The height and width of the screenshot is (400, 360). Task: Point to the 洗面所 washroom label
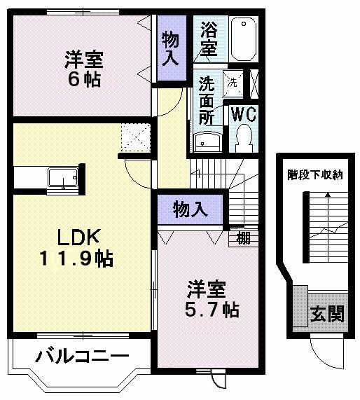point(206,101)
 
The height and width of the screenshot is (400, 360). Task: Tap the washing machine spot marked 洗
point(233,82)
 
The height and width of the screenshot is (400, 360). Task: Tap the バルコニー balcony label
point(81,358)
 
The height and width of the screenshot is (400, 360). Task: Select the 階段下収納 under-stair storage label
point(314,176)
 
